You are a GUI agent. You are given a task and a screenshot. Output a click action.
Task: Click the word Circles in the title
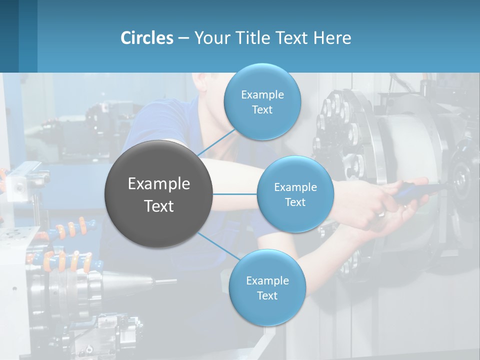[x=146, y=38]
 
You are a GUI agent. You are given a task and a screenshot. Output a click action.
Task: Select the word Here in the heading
[x=332, y=38]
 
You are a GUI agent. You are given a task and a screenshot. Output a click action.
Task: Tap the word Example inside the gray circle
[x=159, y=184]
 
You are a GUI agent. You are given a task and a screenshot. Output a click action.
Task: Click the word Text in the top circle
[x=262, y=110]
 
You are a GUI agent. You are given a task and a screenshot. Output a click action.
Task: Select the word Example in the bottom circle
[x=267, y=281]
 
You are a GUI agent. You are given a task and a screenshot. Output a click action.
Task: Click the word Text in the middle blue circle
[x=295, y=202]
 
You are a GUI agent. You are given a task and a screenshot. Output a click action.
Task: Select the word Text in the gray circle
[x=159, y=206]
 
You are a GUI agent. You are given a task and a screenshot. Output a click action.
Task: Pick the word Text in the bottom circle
[x=267, y=296]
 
